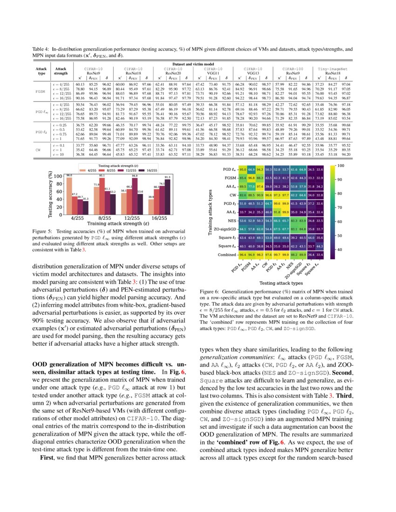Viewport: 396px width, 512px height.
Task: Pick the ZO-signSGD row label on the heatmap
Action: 223,229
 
